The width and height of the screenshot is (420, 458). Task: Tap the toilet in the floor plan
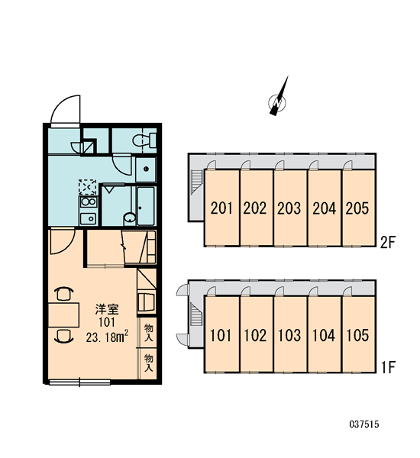pos(144,140)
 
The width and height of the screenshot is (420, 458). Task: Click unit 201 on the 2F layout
pos(222,208)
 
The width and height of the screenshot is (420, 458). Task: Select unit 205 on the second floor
pos(358,208)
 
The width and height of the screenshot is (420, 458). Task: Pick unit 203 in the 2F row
pos(290,208)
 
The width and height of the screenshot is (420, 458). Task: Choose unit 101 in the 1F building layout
pos(222,334)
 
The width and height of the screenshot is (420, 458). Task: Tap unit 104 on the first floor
pos(325,334)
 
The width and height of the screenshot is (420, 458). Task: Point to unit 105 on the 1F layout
pos(358,334)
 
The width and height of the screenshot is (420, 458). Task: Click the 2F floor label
pos(388,242)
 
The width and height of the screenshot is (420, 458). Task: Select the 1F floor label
pos(388,367)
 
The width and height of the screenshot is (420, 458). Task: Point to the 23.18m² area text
pos(107,337)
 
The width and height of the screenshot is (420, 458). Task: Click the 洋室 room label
pos(107,310)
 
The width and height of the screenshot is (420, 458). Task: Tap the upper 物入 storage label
pos(148,333)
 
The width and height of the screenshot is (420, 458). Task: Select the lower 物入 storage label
pos(148,363)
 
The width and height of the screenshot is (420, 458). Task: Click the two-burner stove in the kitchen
pos(88,202)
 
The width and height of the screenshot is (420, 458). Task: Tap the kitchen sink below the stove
pos(88,218)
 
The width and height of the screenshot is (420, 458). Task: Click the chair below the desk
pos(64,337)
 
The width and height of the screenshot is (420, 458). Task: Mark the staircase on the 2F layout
pos(197,182)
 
